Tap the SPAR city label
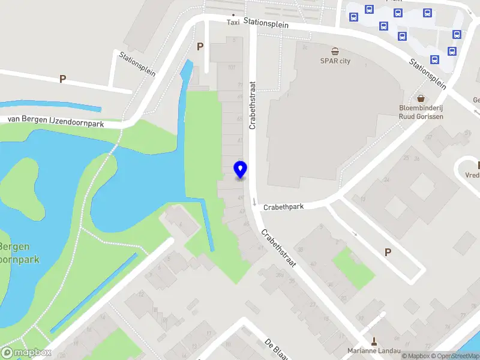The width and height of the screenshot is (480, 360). pyautogui.click(x=335, y=61)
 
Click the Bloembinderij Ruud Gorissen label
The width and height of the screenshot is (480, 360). pyautogui.click(x=421, y=112)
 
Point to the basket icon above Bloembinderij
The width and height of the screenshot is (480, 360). pyautogui.click(x=421, y=98)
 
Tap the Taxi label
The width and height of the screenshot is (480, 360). pyautogui.click(x=233, y=23)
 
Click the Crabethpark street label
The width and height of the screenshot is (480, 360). pyautogui.click(x=283, y=206)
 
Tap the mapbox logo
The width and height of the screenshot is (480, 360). pyautogui.click(x=26, y=352)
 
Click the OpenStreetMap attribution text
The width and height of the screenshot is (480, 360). pyautogui.click(x=454, y=356)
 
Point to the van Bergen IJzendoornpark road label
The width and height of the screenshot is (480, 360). pyautogui.click(x=55, y=121)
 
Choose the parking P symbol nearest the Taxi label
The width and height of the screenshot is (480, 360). pyautogui.click(x=200, y=46)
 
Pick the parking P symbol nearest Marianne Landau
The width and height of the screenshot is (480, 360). pyautogui.click(x=388, y=253)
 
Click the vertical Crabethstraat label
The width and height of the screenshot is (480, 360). pyautogui.click(x=253, y=105)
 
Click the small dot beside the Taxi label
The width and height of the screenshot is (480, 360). pyautogui.click(x=233, y=14)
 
